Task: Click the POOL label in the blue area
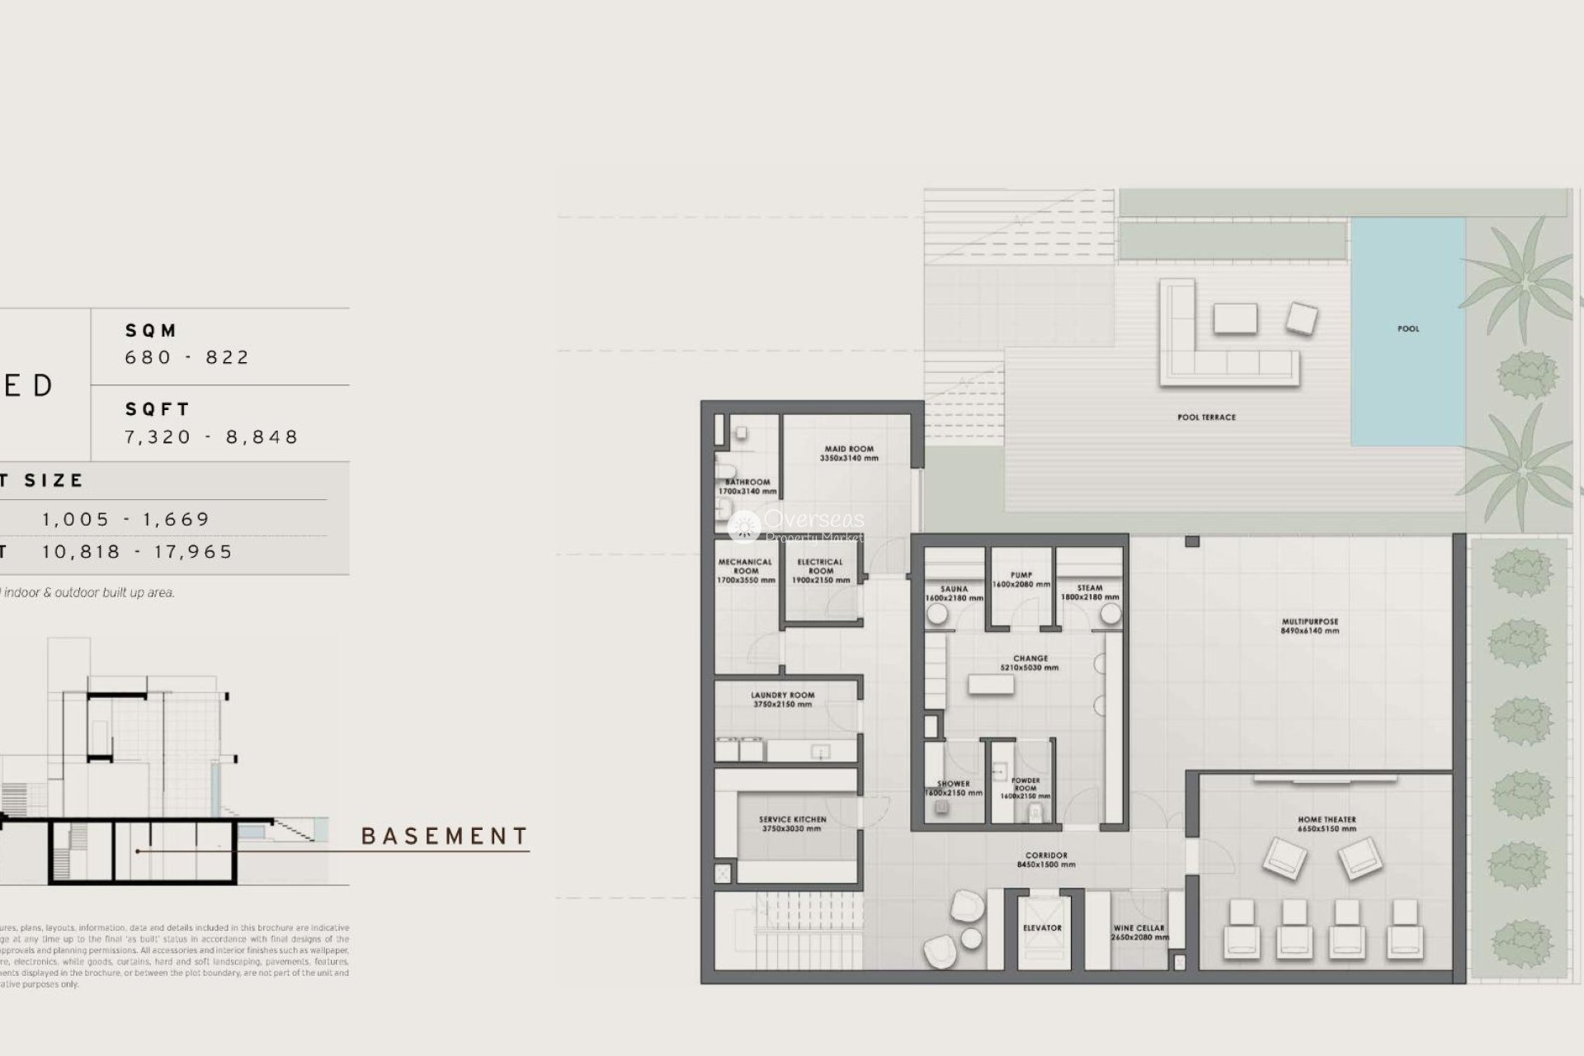pyautogui.click(x=1408, y=328)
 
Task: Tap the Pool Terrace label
pyautogui.click(x=1206, y=417)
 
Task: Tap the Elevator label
pyautogui.click(x=1042, y=928)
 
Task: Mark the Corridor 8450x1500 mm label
pyautogui.click(x=1046, y=860)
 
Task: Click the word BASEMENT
pyautogui.click(x=445, y=837)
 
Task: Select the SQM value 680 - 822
pyautogui.click(x=187, y=357)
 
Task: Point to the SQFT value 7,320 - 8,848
pyautogui.click(x=211, y=436)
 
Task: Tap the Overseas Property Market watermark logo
pyautogui.click(x=796, y=526)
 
